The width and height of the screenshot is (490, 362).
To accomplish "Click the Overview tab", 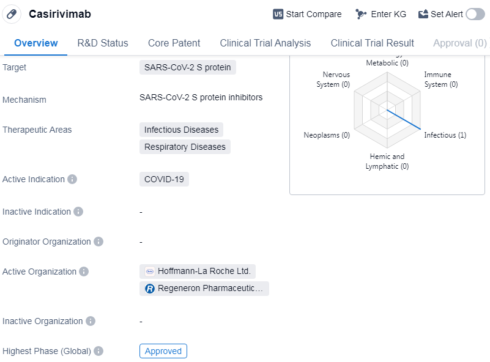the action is coord(36,43).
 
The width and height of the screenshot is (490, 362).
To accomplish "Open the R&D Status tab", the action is coord(103,43).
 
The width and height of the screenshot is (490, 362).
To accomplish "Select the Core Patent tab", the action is coord(174,43).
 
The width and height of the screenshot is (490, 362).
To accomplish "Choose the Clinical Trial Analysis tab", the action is coord(265,43).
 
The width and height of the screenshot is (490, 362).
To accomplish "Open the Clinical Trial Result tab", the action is coord(372,43).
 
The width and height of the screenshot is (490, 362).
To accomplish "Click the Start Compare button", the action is coord(307,14).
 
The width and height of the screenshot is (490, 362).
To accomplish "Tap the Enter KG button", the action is coord(381,14).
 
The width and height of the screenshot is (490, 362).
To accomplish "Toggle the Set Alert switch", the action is coord(475,14).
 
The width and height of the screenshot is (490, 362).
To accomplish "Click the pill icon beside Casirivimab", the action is coord(12,14).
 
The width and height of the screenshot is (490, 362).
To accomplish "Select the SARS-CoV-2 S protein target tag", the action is coord(188,67).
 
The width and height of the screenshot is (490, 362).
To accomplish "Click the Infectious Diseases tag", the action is coord(181,130).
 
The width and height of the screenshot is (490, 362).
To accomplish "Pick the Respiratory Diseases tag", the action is coord(185,147).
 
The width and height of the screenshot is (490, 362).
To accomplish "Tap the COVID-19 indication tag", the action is coord(164,179).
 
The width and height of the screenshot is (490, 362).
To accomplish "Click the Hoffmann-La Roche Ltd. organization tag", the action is coord(198,271).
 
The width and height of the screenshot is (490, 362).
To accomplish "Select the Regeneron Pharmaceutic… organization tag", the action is coord(204,288).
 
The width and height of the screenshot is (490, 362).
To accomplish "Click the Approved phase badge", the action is coord(163,351).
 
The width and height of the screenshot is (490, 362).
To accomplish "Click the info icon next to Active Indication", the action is coord(72,179).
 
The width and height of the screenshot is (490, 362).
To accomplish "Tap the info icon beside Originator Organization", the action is coord(98,242).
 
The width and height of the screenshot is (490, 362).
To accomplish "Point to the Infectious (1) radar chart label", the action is coord(445,135).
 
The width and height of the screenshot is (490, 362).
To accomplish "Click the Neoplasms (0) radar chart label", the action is coord(327,135).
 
